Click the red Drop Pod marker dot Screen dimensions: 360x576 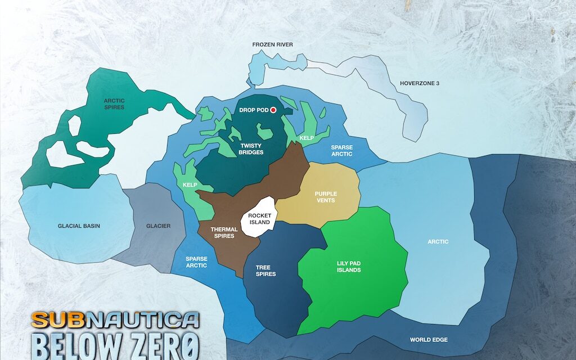[274, 110]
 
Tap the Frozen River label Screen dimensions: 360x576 [272, 44]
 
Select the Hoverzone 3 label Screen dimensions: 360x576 [419, 83]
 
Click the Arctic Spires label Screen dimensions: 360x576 [114, 103]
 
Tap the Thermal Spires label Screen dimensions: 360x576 [223, 232]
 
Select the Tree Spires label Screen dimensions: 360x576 [265, 270]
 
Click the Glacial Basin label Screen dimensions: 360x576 [79, 226]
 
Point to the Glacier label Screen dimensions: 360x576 [158, 226]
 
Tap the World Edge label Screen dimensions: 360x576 [429, 340]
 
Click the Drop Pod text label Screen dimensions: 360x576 [253, 110]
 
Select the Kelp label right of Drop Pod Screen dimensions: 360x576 [307, 137]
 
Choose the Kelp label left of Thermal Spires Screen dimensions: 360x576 [190, 184]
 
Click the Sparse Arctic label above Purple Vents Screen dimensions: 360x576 [341, 150]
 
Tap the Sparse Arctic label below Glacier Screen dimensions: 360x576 [196, 262]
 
